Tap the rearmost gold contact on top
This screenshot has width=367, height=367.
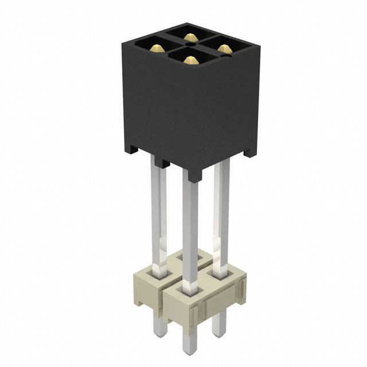190,37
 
